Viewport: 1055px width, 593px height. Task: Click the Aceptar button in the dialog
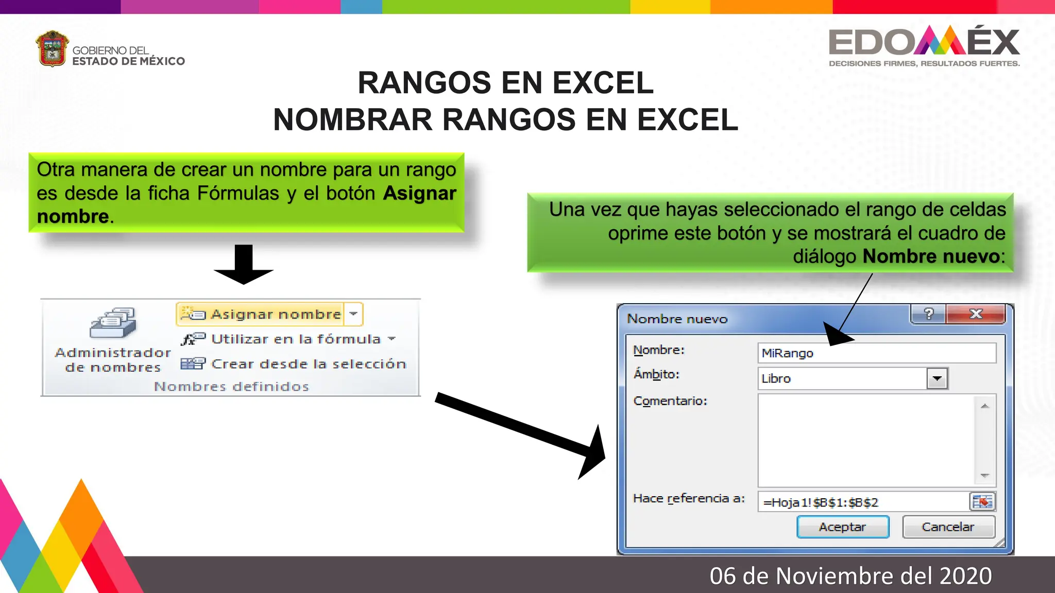(x=843, y=527)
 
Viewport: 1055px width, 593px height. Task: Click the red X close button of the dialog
(x=976, y=314)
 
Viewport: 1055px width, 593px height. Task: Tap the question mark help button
(x=928, y=314)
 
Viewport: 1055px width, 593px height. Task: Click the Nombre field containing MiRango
(x=876, y=353)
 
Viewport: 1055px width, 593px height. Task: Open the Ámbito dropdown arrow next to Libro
(x=937, y=378)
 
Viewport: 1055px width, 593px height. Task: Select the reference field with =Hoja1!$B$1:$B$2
(x=863, y=502)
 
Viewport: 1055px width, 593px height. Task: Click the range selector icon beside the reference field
(x=982, y=501)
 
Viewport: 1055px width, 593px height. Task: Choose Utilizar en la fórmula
(x=288, y=339)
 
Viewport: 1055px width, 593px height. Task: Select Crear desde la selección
(x=294, y=364)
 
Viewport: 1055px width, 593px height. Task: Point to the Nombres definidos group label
(x=231, y=387)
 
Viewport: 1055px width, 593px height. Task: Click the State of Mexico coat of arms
(x=52, y=49)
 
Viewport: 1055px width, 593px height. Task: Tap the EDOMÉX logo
(x=924, y=44)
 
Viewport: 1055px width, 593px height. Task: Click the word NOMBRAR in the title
(x=352, y=120)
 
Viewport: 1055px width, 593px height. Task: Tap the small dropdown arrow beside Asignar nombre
(x=354, y=313)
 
